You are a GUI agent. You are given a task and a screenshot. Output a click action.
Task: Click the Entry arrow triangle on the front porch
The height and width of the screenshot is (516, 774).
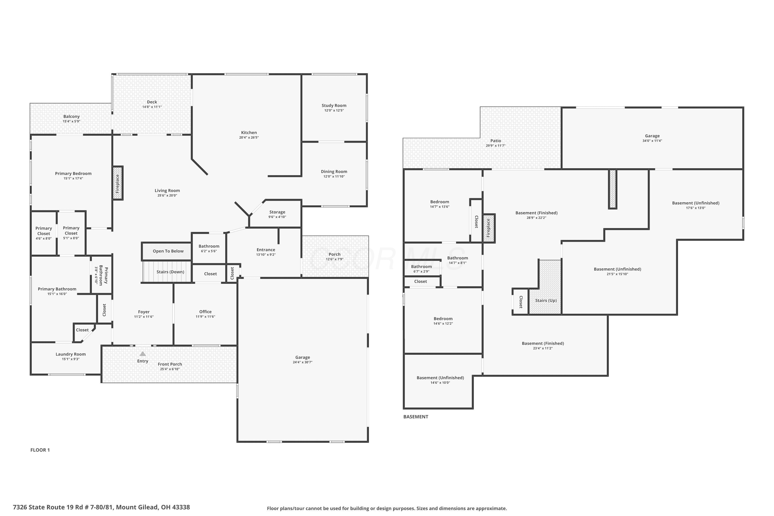click(x=142, y=354)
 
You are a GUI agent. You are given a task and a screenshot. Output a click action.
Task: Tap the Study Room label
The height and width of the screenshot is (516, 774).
click(x=334, y=106)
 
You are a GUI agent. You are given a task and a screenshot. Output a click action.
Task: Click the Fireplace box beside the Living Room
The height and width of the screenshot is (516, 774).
click(x=118, y=183)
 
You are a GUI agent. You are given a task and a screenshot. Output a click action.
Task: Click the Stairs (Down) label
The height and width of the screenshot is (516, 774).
click(x=170, y=272)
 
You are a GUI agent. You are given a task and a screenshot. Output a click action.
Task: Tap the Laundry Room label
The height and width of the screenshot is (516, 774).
click(x=70, y=354)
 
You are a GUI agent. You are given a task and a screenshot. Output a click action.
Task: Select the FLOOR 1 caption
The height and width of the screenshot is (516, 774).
click(x=40, y=450)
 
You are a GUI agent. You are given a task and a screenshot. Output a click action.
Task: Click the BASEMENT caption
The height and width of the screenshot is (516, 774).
click(x=416, y=417)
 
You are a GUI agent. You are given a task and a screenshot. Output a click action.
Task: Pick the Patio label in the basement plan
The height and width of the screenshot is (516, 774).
click(x=496, y=141)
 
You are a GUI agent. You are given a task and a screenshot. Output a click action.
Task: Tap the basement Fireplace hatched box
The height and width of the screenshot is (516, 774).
click(x=489, y=228)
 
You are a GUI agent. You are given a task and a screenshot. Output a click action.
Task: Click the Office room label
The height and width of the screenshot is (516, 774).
click(x=205, y=312)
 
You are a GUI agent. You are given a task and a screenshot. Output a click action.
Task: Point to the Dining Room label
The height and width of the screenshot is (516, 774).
click(x=334, y=172)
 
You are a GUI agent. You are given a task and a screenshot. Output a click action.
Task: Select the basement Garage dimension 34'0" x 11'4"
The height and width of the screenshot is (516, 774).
click(x=652, y=141)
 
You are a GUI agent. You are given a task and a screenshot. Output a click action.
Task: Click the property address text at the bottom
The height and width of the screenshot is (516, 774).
click(x=101, y=507)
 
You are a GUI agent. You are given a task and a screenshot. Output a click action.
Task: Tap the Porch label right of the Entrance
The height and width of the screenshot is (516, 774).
click(x=334, y=254)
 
